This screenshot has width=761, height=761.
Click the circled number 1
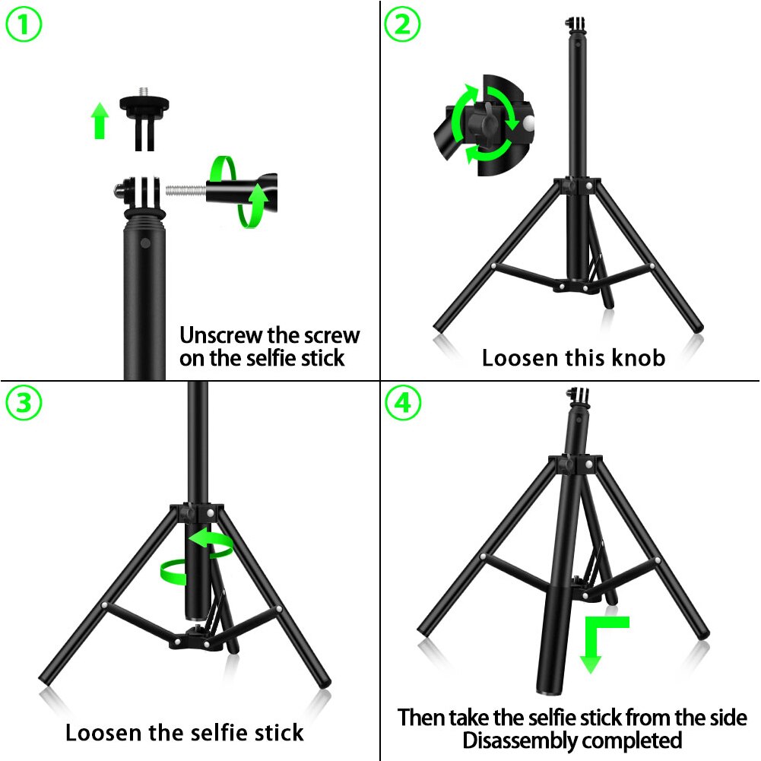point(24,24)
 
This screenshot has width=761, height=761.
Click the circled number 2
point(402,24)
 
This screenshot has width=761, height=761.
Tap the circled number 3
point(24,403)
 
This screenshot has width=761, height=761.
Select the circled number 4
point(402,403)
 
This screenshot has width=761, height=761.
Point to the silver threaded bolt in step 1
point(186,190)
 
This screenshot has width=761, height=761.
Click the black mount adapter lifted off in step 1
point(144,119)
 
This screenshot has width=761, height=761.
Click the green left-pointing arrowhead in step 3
point(199,537)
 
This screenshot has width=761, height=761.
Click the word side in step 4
point(728,718)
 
